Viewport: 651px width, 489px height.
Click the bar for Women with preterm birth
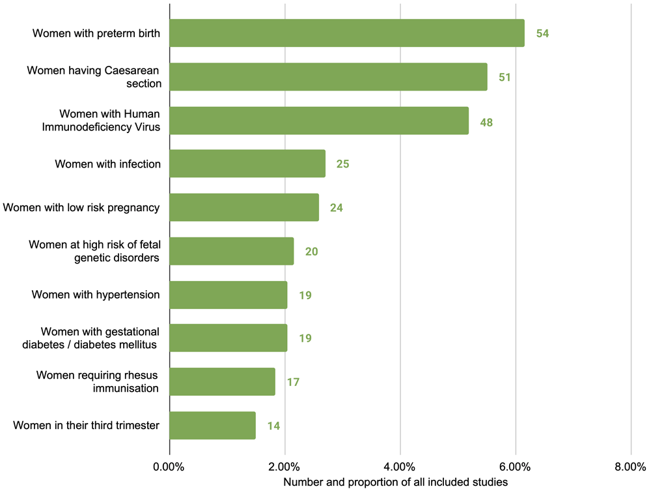pos(347,33)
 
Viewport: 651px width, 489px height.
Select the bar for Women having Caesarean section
pos(328,76)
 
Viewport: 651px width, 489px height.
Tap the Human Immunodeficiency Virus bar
pos(319,120)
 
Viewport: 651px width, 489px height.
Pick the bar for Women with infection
pos(247,164)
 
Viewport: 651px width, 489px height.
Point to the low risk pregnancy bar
pos(244,207)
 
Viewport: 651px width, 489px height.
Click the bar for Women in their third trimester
pos(212,426)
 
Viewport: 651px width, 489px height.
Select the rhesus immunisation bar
pos(222,382)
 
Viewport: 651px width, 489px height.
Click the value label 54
pos(543,33)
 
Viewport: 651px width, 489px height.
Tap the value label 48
pos(486,122)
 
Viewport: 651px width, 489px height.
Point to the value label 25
pos(343,164)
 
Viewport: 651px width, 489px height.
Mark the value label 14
pos(273,426)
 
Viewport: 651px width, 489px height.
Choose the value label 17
pos(293,382)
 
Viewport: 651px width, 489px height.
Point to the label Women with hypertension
pos(96,295)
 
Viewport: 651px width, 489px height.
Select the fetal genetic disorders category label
pos(94,251)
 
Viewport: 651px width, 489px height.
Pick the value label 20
pos(311,252)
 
